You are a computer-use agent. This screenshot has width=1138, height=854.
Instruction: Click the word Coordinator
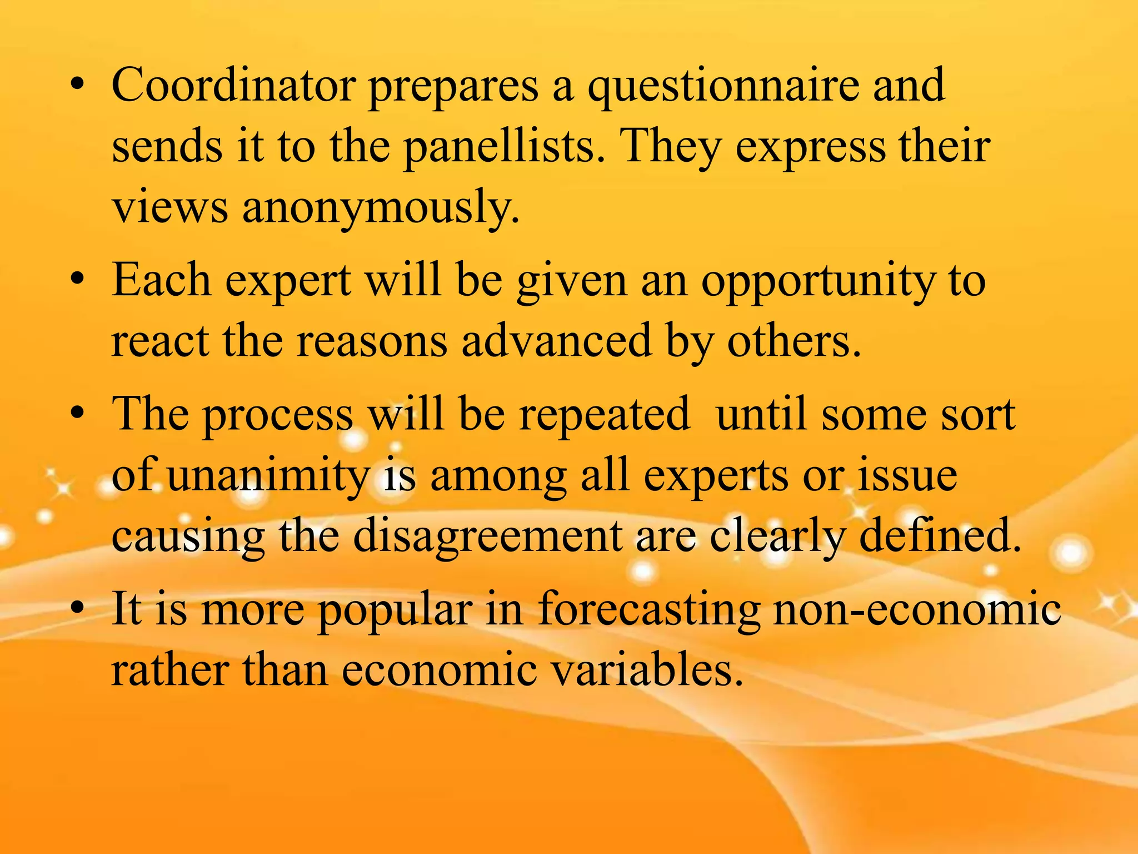click(x=233, y=86)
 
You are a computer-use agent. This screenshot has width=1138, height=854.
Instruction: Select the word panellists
click(x=503, y=147)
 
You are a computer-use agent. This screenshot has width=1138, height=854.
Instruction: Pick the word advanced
click(x=556, y=341)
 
